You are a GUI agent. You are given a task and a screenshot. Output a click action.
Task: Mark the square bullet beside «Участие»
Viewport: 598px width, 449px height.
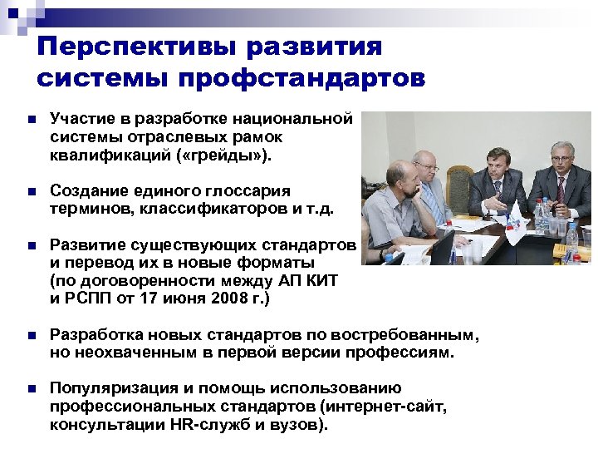pyautogui.click(x=31, y=120)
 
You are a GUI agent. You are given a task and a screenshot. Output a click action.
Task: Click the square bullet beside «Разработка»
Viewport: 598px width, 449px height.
pyautogui.click(x=31, y=335)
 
